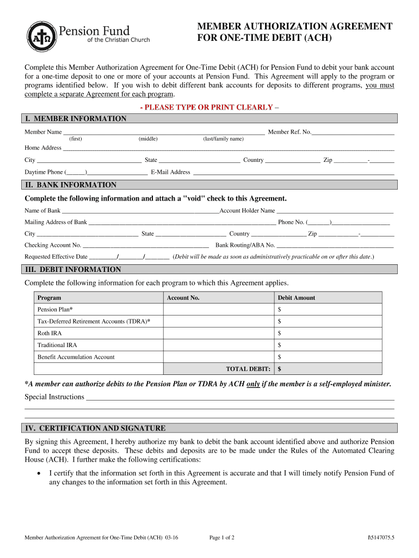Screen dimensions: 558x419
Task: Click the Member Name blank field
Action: pos(163,132)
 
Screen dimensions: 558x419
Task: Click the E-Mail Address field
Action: pos(293,172)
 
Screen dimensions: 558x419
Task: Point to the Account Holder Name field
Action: pos(335,211)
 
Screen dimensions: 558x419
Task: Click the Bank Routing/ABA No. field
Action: pos(335,245)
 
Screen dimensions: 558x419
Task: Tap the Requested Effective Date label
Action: pos(56,257)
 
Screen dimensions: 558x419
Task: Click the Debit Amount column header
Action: pos(297,298)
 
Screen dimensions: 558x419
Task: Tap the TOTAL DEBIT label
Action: pos(248,369)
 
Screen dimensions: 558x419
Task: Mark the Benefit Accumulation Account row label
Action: pos(76,357)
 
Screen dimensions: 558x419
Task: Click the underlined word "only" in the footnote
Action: pos(253,384)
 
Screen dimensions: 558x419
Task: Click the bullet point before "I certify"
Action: pos(38,474)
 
